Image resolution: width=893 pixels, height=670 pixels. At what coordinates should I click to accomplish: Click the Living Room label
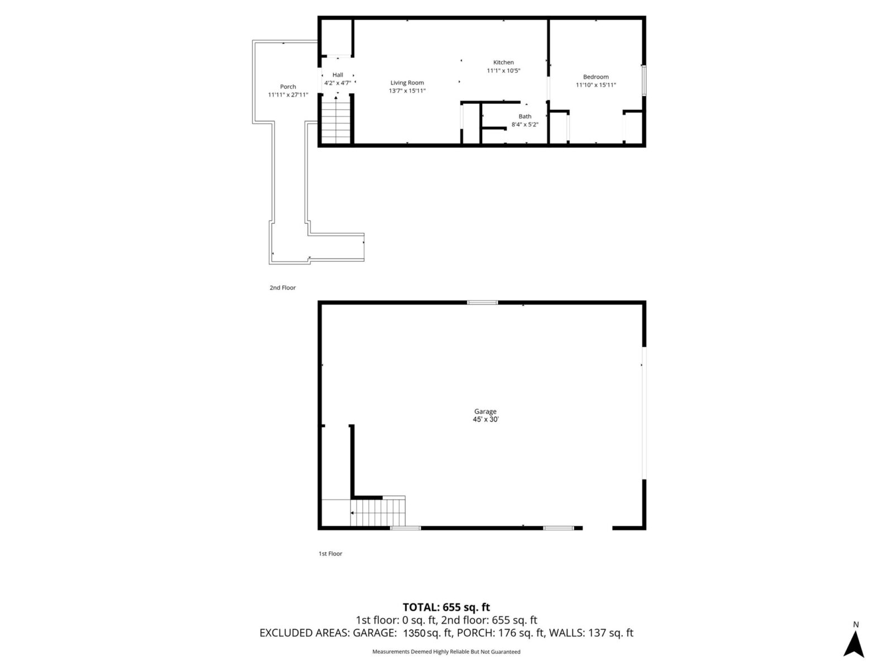[407, 83]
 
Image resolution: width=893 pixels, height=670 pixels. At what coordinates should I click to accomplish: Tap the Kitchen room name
[503, 63]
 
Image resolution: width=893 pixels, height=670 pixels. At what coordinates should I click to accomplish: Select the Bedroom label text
[596, 77]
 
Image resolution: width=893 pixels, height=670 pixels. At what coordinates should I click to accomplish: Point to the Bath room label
[525, 117]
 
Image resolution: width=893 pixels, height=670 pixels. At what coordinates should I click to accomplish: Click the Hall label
[338, 75]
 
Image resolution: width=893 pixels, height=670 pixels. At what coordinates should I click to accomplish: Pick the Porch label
[288, 87]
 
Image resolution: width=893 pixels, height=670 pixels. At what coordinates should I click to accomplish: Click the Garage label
[485, 411]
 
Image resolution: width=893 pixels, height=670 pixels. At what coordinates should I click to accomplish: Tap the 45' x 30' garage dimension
[485, 419]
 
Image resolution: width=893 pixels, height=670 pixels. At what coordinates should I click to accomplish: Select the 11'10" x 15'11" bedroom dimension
[596, 85]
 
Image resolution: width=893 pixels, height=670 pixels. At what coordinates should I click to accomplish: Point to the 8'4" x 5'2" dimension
[525, 125]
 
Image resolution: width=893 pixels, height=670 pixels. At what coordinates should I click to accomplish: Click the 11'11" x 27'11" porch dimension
[288, 95]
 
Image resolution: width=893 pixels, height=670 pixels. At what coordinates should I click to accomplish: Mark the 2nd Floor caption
[282, 288]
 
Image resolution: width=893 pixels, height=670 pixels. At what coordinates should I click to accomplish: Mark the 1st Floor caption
[330, 554]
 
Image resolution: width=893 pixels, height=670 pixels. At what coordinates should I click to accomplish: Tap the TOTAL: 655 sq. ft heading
[446, 607]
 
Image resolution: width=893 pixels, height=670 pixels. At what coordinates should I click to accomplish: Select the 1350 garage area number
[414, 633]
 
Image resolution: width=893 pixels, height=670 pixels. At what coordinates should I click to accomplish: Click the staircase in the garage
[377, 513]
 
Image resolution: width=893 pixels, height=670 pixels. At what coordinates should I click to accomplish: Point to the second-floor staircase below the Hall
[336, 120]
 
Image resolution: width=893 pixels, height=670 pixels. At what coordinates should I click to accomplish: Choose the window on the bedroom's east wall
[644, 80]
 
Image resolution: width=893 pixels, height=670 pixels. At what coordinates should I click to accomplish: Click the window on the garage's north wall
[482, 303]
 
